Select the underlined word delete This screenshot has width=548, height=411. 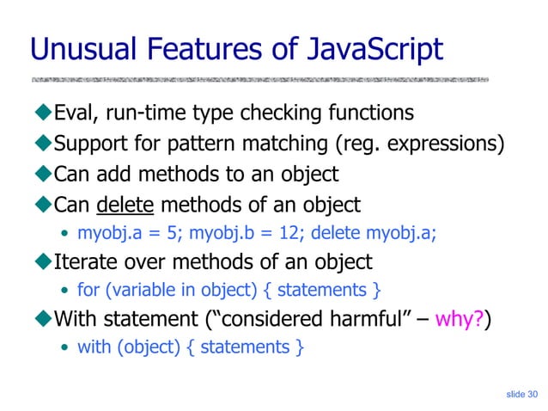click(x=125, y=205)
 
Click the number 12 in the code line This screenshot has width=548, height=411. click(x=271, y=232)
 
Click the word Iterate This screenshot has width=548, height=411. click(x=85, y=261)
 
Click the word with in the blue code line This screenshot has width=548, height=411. click(x=93, y=347)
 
